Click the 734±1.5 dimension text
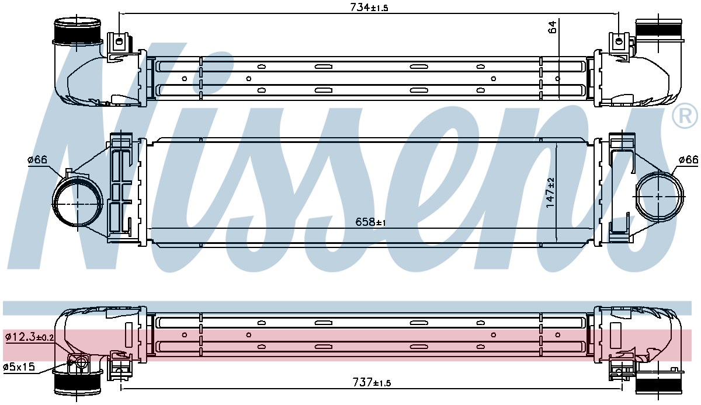369,8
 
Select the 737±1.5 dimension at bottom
372,383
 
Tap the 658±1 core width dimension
372,222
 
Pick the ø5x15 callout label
20,367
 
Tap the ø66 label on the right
688,160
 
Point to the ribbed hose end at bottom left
77,383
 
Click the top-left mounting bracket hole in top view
119,41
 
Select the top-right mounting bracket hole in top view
620,41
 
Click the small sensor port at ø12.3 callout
77,362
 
